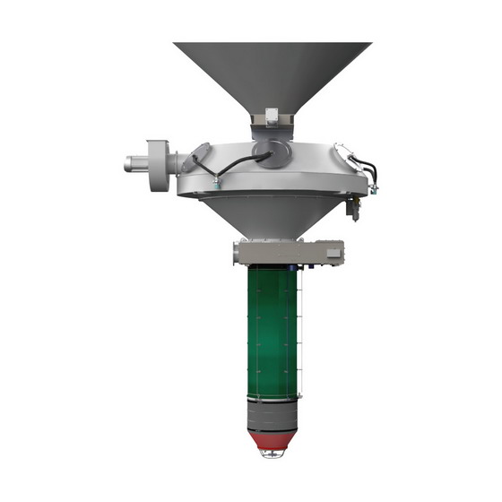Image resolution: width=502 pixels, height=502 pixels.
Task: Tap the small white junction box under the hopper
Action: point(272,117)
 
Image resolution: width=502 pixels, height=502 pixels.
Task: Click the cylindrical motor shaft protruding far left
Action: point(134,164)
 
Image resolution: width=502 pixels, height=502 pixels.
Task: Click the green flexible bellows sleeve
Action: point(273,332)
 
